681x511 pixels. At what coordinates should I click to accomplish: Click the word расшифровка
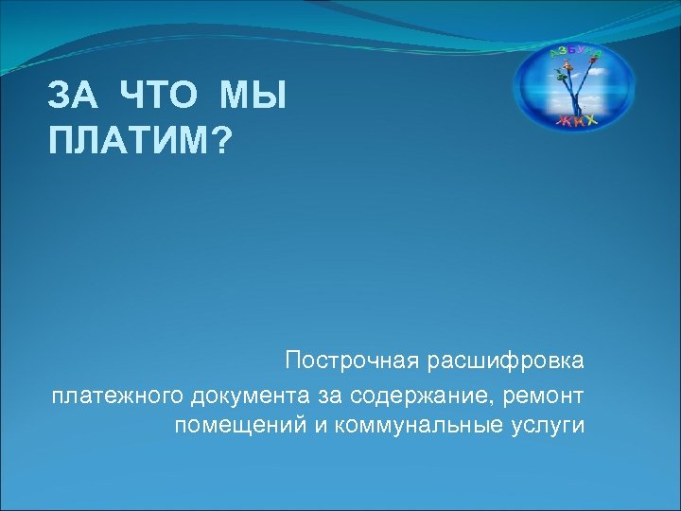click(505, 361)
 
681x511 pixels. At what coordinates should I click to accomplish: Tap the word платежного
click(118, 393)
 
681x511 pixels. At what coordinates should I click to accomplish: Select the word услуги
click(550, 425)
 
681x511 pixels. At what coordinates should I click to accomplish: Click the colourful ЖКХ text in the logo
click(576, 120)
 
